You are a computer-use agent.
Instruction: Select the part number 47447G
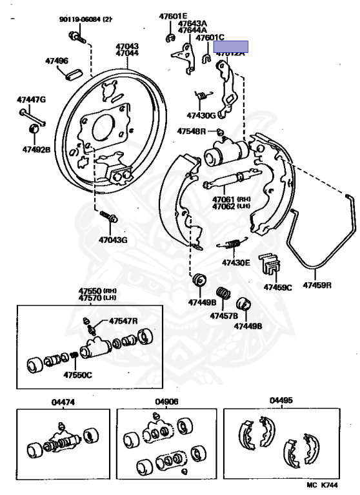(32, 100)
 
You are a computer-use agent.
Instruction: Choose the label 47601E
(173, 16)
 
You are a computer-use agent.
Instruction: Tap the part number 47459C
(277, 286)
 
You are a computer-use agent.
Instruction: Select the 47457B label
(224, 316)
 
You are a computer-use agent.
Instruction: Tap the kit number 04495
(281, 400)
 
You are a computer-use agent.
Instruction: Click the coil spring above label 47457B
(223, 297)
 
